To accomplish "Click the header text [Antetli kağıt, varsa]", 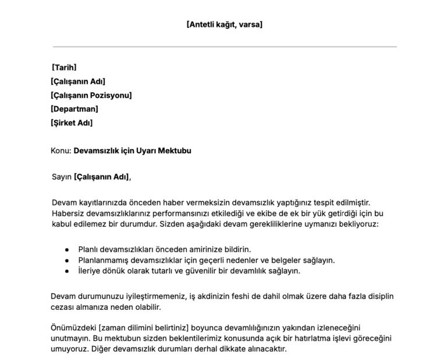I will coord(224,24).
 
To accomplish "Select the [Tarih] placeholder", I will coord(64,68).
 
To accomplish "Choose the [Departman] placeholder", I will coord(74,109).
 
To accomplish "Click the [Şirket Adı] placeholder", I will coord(72,123).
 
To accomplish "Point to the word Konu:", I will coord(61,151).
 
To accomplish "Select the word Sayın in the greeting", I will coord(62,177).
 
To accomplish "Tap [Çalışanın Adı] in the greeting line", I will coord(102,177).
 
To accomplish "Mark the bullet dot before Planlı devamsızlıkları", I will coord(67,249).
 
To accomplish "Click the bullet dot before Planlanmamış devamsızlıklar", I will coord(67,260).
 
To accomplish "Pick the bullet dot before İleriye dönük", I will coord(67,271).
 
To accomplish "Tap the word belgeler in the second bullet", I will coord(291,260).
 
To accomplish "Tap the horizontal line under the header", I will coord(224,46).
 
